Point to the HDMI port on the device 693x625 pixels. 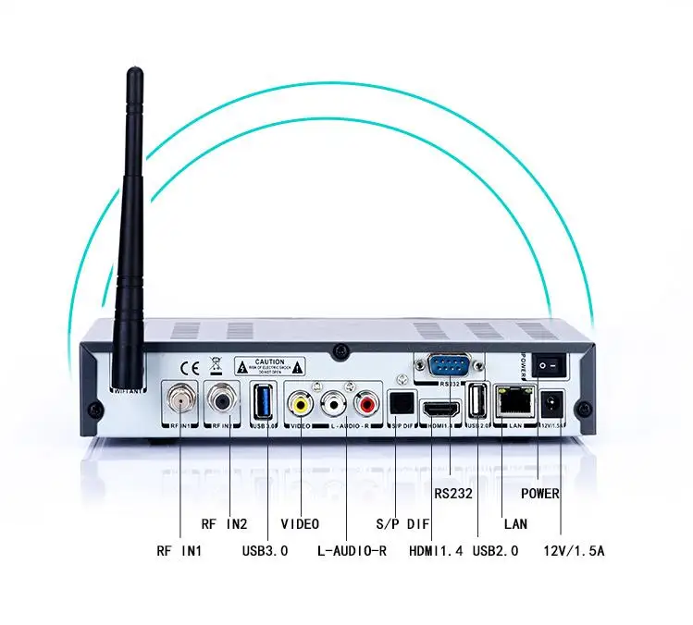point(438,407)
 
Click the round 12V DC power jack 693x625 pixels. point(553,403)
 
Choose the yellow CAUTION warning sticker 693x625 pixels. point(270,364)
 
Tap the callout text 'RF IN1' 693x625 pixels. point(179,551)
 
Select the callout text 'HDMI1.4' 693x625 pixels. point(435,551)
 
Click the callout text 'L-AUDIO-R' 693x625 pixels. point(351,551)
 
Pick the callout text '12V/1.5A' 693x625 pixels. point(575,551)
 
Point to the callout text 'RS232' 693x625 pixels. point(452,494)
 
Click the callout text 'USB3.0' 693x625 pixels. point(266,551)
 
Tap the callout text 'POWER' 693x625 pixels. point(539,494)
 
